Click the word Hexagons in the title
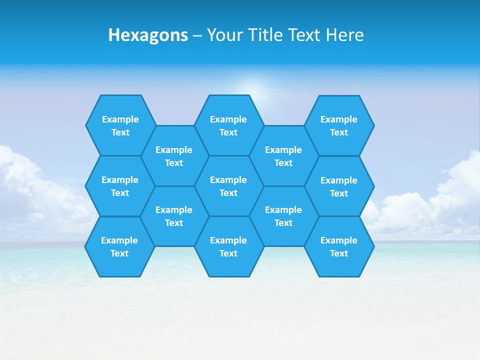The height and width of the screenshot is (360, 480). tap(148, 35)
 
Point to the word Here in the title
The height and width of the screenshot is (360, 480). tap(345, 35)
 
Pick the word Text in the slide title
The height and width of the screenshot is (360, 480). tap(305, 35)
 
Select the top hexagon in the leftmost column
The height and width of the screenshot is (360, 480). tap(120, 125)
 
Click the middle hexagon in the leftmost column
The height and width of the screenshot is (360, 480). tap(120, 186)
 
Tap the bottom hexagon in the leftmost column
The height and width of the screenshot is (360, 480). tap(119, 246)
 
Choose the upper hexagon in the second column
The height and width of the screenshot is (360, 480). tap(174, 156)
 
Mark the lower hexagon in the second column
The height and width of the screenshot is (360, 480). tap(174, 216)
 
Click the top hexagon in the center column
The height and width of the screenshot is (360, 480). tap(228, 125)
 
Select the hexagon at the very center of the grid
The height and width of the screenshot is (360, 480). tap(228, 186)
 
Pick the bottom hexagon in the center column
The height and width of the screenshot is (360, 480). tap(228, 246)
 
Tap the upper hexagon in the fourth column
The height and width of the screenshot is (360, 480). tap(283, 156)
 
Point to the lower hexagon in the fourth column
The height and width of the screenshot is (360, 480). tap(283, 216)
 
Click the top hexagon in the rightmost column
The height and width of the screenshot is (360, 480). tap(339, 125)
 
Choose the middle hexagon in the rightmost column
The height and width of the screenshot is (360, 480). tap(339, 186)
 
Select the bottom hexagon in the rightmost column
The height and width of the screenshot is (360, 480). tap(339, 246)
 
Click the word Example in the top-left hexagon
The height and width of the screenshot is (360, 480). tap(120, 119)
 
